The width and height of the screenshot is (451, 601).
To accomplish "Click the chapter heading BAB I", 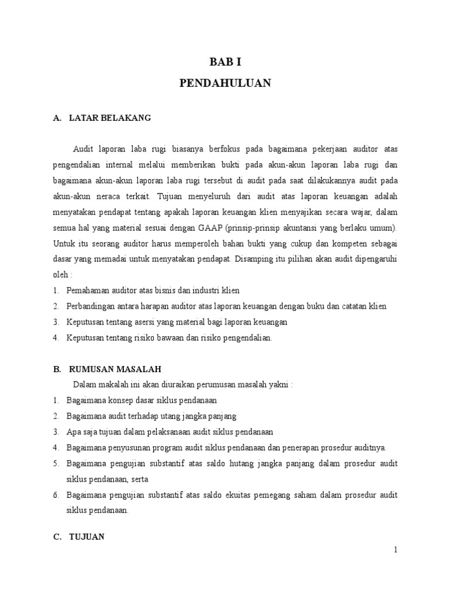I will tap(225, 62).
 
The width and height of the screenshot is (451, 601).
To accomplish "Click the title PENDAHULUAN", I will tap(225, 83).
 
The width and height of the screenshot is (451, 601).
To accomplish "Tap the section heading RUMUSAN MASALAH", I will tap(115, 369).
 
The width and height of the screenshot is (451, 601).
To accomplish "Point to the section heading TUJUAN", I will tap(87, 536).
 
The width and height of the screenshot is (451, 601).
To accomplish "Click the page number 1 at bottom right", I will tap(396, 550).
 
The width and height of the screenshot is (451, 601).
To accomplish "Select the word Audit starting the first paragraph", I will tap(83, 150).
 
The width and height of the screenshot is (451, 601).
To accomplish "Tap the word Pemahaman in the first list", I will tap(88, 291).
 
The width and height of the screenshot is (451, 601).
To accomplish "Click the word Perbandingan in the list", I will tap(91, 306).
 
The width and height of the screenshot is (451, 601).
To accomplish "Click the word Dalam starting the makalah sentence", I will tap(84, 384).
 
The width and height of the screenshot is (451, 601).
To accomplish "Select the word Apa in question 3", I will tap(74, 432).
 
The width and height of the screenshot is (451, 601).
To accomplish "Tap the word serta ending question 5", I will tap(140, 479).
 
